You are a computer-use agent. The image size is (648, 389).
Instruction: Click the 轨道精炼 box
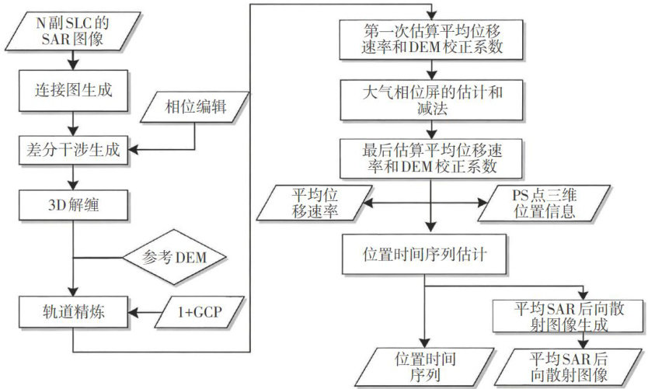click(x=72, y=314)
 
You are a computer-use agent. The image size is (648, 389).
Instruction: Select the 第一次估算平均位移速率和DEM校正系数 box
click(x=423, y=38)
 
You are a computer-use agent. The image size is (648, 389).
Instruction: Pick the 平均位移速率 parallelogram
click(x=317, y=203)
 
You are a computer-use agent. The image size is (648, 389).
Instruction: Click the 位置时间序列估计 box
click(x=423, y=253)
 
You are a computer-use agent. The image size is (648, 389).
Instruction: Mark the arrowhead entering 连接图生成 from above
click(x=72, y=70)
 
